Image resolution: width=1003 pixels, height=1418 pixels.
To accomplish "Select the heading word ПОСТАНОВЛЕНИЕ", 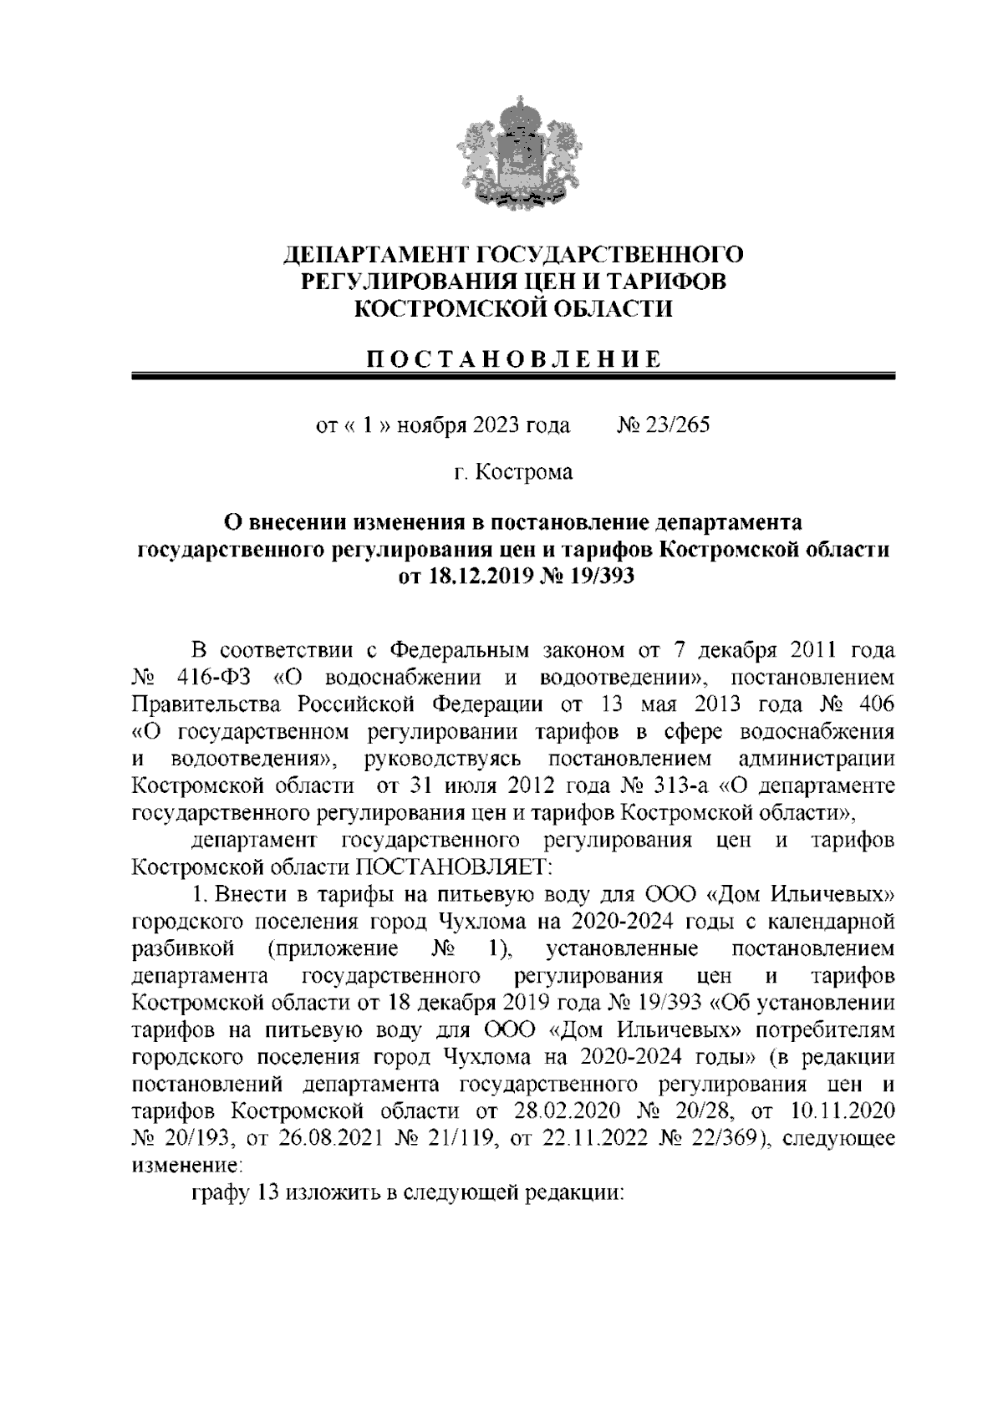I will [515, 360].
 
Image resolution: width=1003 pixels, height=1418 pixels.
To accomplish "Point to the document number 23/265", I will [675, 425].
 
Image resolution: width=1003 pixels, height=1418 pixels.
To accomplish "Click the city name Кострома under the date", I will [524, 473].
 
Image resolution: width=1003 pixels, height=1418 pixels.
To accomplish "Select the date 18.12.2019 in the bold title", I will [471, 577].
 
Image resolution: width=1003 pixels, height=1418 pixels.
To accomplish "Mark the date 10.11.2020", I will [841, 1111].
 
